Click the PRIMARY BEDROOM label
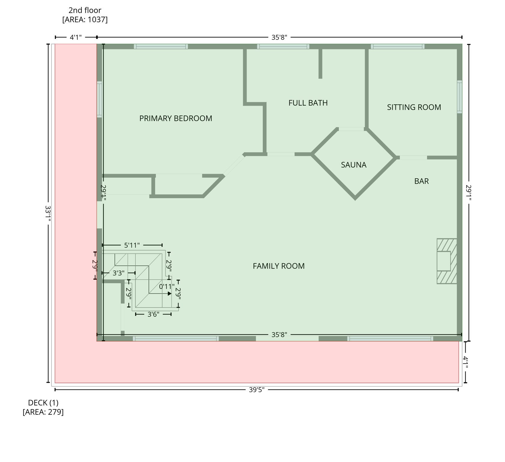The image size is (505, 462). tap(176, 118)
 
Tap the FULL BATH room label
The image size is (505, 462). tap(308, 103)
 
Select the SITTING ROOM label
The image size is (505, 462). tap(414, 107)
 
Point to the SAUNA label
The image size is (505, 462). tap(353, 165)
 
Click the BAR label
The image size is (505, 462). tap(421, 181)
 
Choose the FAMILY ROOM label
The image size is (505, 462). tap(279, 266)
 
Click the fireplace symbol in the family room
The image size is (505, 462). tap(447, 261)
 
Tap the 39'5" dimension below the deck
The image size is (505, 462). tap(257, 390)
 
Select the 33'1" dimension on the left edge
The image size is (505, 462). tap(48, 213)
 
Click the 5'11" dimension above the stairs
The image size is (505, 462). tap(132, 245)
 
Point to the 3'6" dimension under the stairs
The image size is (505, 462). tap(153, 314)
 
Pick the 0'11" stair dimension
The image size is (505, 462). tap(167, 286)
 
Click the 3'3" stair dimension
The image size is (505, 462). tap(119, 273)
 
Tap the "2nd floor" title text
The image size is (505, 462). tap(85, 10)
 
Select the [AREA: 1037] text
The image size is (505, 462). tap(85, 20)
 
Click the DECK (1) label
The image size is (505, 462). tap(43, 402)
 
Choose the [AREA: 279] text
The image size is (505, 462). tap(43, 412)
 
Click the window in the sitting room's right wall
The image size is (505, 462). tap(459, 97)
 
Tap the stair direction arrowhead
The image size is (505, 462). tap(170, 294)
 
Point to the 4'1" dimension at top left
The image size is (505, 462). tap(76, 37)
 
